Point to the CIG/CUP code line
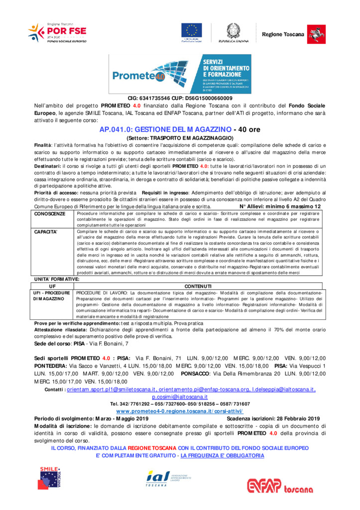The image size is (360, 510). [180, 98]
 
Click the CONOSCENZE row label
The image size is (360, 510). [50, 214]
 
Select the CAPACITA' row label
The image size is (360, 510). [46, 232]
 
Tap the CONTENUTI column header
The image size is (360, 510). [198, 286]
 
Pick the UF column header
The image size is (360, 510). [52, 286]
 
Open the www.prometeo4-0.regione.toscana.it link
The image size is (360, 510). [180, 411]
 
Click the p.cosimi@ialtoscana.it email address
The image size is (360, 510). [180, 396]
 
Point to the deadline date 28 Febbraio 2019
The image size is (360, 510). [291, 419]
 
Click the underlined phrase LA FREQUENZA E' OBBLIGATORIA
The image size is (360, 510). [222, 455]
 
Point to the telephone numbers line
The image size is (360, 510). [180, 404]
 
